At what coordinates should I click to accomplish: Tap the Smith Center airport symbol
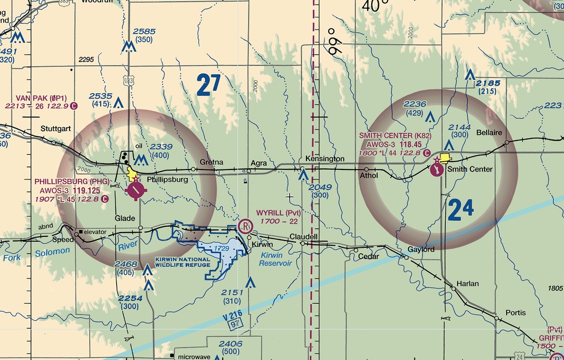[x=437, y=169]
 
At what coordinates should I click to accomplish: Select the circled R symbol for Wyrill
[x=245, y=226]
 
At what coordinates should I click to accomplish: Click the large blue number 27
[x=209, y=85]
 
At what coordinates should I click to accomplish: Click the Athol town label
[x=369, y=175]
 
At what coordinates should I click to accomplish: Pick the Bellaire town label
[x=489, y=132]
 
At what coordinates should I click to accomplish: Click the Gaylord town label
[x=421, y=249]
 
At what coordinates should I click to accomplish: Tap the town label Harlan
[x=468, y=284]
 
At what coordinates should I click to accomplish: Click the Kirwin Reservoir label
[x=276, y=259]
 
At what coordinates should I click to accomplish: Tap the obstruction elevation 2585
[x=144, y=32]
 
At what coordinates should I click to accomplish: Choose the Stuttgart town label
[x=56, y=128]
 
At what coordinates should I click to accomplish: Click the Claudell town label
[x=303, y=237]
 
